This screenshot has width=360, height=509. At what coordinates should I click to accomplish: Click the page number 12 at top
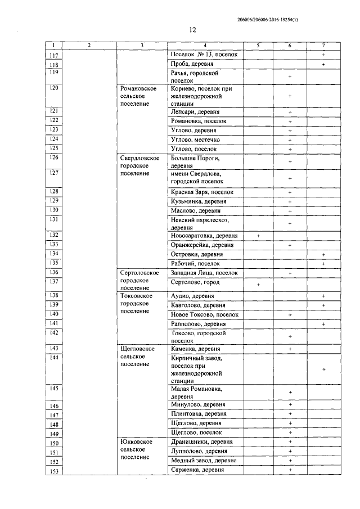tap(192, 30)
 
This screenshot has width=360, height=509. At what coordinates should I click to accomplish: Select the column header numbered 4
tap(205, 45)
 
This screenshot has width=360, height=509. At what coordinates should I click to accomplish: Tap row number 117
tap(53, 55)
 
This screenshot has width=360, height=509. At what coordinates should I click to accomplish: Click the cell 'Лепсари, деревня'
tap(195, 112)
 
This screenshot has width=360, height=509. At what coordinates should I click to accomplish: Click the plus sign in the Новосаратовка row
tap(258, 236)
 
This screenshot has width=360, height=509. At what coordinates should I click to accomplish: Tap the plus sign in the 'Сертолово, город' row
tap(258, 285)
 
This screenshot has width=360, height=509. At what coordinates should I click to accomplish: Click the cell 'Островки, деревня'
tap(195, 254)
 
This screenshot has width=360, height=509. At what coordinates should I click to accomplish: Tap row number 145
tap(53, 389)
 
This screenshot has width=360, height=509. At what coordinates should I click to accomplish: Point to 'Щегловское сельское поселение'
tap(137, 357)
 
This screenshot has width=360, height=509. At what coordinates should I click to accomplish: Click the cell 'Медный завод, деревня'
tap(202, 461)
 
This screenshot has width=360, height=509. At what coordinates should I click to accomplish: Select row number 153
tap(53, 471)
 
